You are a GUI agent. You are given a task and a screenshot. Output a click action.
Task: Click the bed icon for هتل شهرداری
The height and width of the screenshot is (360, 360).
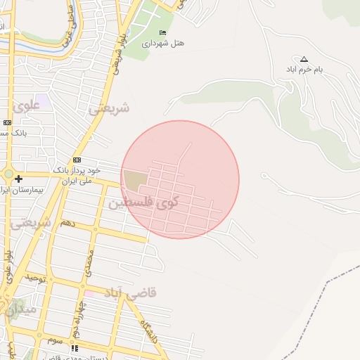pyautogui.click(x=164, y=33)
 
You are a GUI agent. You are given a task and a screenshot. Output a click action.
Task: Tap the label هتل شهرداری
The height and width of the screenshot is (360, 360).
pyautogui.click(x=163, y=44)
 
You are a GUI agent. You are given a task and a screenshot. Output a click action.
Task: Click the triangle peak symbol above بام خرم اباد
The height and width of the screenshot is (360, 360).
pyautogui.click(x=304, y=59)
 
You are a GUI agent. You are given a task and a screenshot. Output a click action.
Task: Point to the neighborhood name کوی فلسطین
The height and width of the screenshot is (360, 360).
pyautogui.click(x=143, y=202)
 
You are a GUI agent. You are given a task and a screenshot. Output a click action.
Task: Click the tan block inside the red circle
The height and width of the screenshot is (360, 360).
pyautogui.click(x=135, y=180)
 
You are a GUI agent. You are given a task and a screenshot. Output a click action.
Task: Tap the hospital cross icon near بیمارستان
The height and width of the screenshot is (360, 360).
pyautogui.click(x=18, y=179)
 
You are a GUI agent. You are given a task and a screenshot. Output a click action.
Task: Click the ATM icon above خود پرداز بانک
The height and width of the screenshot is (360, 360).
pyautogui.click(x=77, y=160)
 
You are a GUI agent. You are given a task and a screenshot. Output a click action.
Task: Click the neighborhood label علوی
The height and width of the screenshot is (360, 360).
pyautogui.click(x=27, y=108)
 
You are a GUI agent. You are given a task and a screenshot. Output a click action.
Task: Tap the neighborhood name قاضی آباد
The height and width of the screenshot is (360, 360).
pyautogui.click(x=131, y=292)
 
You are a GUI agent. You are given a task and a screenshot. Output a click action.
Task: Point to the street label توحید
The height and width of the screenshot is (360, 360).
pyautogui.click(x=36, y=278)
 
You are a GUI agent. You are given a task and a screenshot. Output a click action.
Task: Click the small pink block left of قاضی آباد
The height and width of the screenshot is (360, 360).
pyautogui.click(x=89, y=293)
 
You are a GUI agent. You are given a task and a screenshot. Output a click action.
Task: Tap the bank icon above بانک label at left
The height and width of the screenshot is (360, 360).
pyautogui.click(x=7, y=122)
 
